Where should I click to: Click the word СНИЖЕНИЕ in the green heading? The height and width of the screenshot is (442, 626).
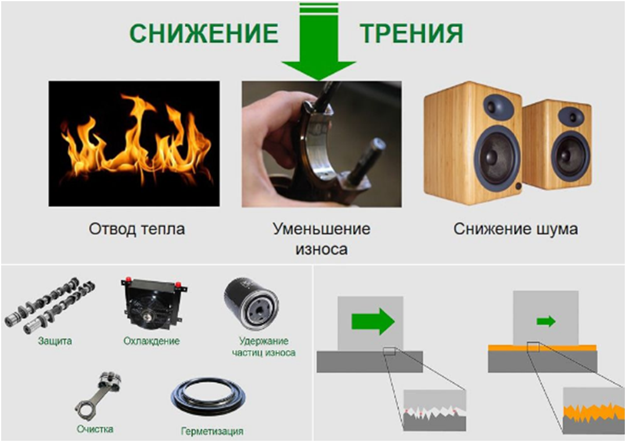click(204, 33)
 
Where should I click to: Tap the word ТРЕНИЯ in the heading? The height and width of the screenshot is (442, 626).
click(412, 33)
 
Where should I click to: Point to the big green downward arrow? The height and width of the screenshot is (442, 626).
click(319, 41)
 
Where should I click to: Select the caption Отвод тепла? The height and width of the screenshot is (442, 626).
click(137, 229)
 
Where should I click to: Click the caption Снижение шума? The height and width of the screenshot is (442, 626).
click(516, 229)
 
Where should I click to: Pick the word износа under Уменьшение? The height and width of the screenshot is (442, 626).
click(321, 249)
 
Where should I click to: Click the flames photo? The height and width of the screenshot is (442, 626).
click(134, 144)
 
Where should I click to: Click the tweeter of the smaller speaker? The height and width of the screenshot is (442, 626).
click(573, 117)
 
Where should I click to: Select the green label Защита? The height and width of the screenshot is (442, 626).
click(55, 341)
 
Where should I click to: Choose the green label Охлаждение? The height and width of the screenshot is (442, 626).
click(151, 341)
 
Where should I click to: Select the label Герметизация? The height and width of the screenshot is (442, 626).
click(212, 431)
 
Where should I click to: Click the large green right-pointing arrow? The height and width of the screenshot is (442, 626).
click(373, 321)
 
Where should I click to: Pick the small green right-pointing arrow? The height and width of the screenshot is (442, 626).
click(546, 321)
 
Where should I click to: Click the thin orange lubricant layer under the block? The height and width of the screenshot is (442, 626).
click(542, 348)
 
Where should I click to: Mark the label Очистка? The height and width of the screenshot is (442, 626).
click(95, 429)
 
